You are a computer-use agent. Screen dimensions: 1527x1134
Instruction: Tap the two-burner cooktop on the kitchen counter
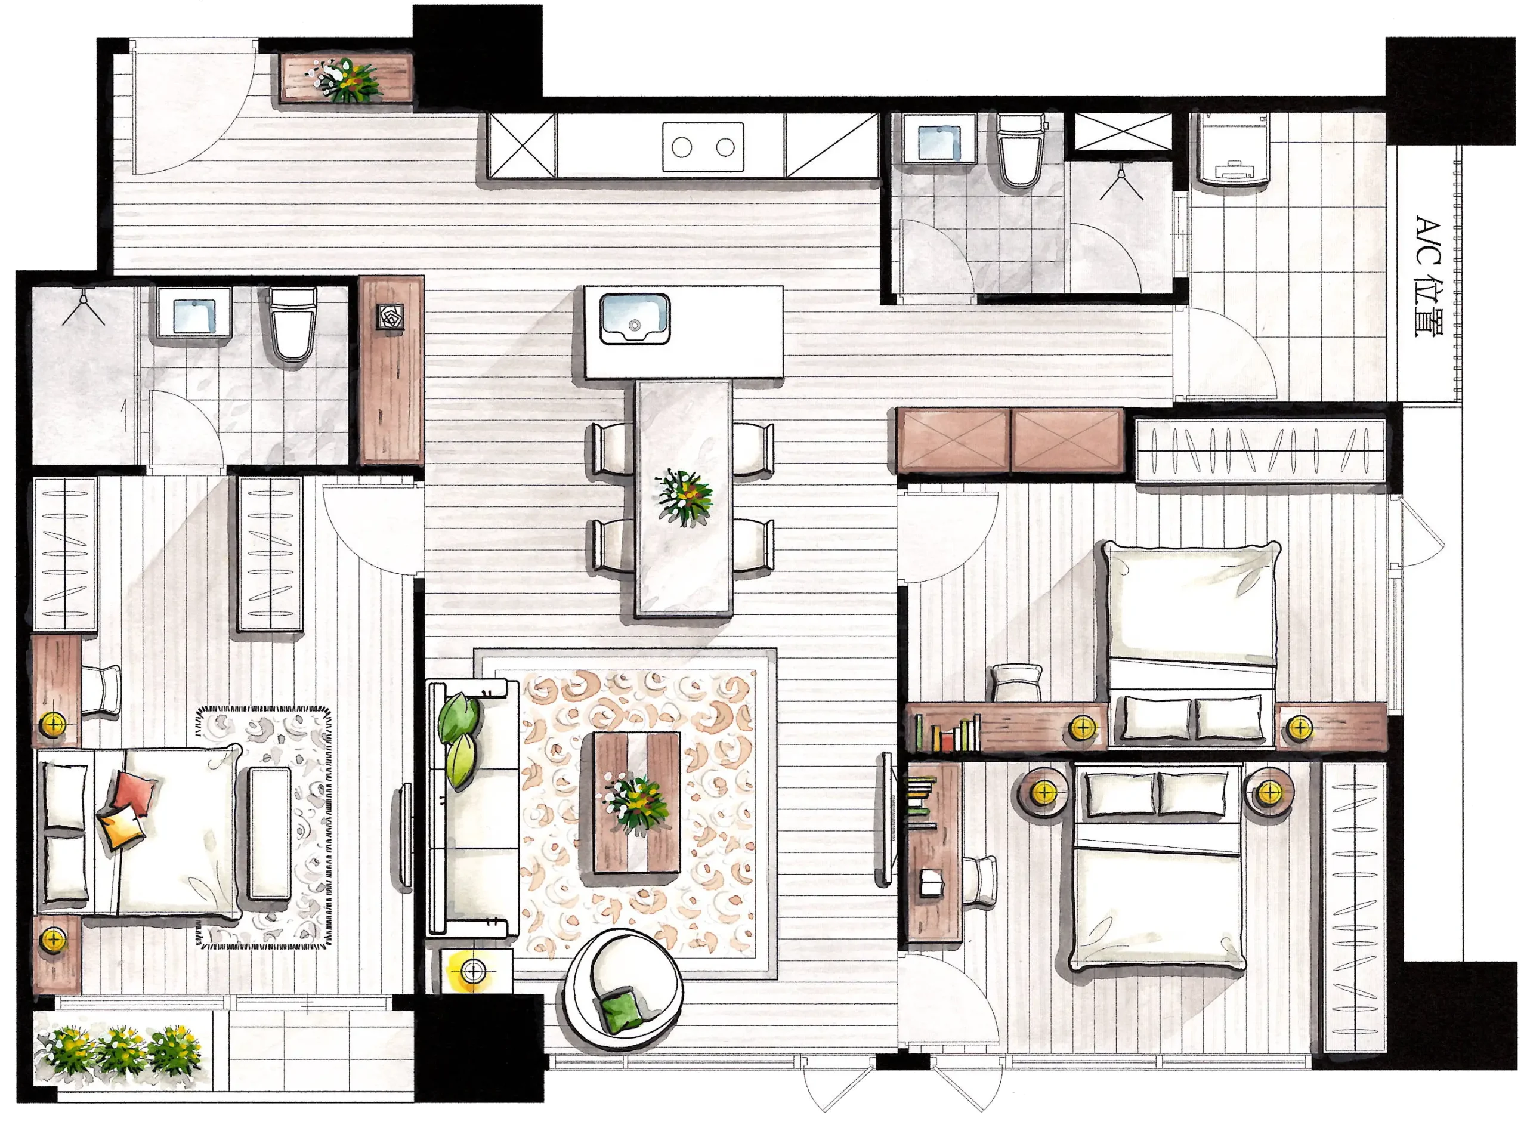click(703, 147)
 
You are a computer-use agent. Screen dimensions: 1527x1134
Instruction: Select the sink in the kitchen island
click(634, 319)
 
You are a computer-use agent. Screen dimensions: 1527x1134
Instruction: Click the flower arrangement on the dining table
click(684, 496)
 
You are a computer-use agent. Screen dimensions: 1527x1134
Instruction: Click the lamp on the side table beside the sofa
click(472, 971)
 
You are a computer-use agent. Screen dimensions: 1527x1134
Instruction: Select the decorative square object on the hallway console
click(391, 318)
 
